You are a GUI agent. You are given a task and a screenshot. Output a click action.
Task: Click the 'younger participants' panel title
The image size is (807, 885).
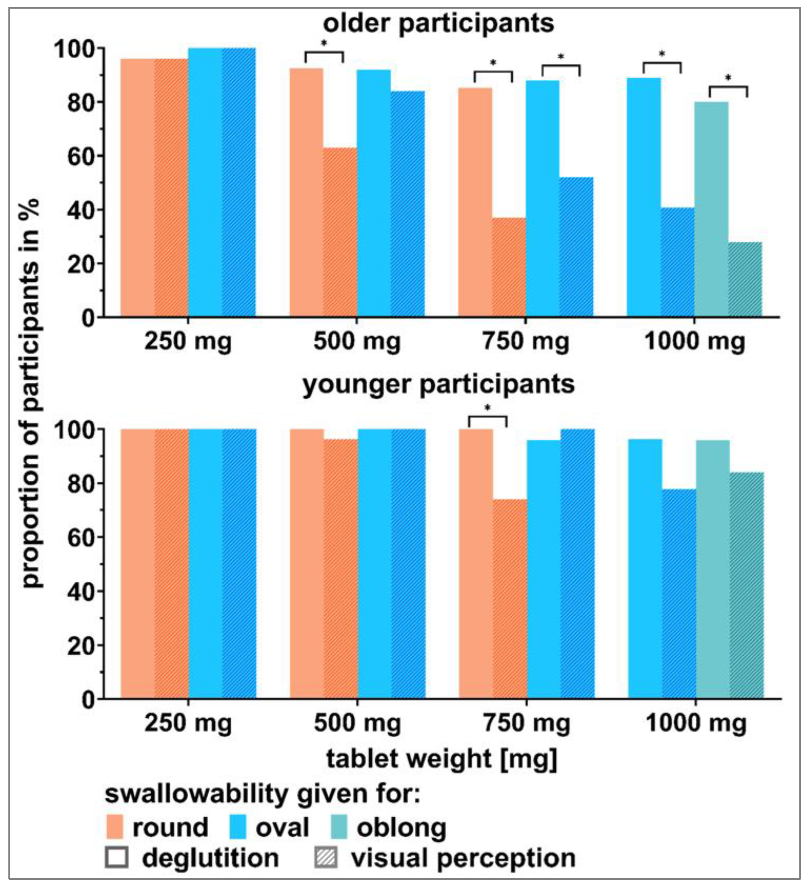coord(438,385)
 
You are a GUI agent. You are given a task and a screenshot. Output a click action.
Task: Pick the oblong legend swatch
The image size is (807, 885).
coord(338,827)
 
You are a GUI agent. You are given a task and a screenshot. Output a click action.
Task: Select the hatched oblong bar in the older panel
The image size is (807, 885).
coord(745,279)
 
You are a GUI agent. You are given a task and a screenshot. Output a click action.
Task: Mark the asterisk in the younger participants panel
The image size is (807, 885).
coord(487,408)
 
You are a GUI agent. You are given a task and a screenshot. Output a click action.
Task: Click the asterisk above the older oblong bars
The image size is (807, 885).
coord(728,78)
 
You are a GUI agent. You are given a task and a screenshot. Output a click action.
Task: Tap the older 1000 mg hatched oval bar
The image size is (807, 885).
coord(677,262)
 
